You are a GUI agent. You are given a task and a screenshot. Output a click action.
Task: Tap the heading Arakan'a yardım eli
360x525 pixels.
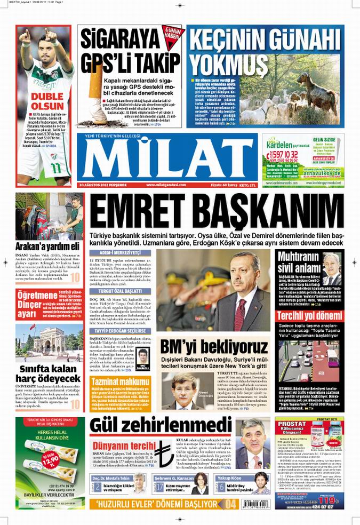tap(48, 246)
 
